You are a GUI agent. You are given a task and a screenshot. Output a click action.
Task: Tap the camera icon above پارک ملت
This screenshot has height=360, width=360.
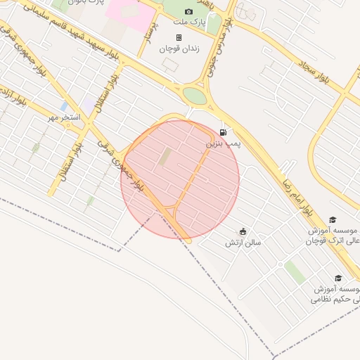coord(188,12)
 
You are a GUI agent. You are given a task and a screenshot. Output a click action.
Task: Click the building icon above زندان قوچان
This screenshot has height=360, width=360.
coord(179,37)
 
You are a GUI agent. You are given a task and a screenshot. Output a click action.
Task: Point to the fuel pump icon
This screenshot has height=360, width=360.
coord(223,132)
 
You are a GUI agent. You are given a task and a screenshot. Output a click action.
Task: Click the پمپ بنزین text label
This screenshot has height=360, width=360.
coord(223,143)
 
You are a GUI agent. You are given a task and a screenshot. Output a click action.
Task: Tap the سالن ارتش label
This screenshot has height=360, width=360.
coord(243,243)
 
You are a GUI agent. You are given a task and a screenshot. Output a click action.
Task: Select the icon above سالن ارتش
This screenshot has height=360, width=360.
coord(243,231)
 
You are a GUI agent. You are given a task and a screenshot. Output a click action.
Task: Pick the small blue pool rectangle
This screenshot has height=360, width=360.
coord(64,106)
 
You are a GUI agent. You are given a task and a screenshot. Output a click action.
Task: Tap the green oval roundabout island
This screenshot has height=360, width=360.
coord(195,96)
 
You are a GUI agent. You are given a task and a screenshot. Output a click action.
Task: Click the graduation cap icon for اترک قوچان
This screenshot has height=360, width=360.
coord(333,220)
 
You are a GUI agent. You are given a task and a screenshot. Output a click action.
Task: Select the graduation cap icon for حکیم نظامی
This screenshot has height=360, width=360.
coord(337,278)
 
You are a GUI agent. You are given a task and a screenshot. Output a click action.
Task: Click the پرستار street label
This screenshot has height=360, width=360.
coord(149,42)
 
